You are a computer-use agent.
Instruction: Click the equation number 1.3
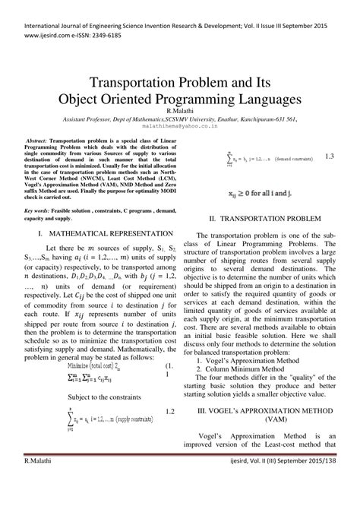pos(329,179)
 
